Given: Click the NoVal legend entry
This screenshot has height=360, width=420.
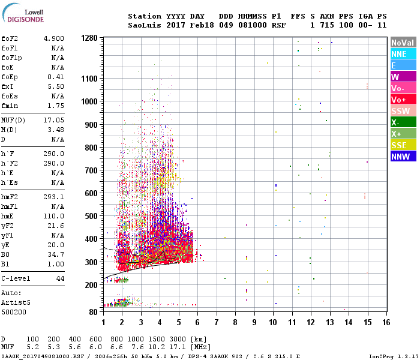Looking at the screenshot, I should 403,43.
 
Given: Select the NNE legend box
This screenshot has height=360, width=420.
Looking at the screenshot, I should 403,54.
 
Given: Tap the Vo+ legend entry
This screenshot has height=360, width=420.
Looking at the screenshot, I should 403,100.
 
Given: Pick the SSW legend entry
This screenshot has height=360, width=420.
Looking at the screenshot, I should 403,111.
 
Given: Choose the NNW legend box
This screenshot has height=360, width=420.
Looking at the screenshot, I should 403,157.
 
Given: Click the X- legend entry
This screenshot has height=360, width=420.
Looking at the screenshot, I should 403,122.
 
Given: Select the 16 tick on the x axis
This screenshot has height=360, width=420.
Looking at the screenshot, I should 386,322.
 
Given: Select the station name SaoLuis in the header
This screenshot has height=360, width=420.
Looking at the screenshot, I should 145,25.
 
